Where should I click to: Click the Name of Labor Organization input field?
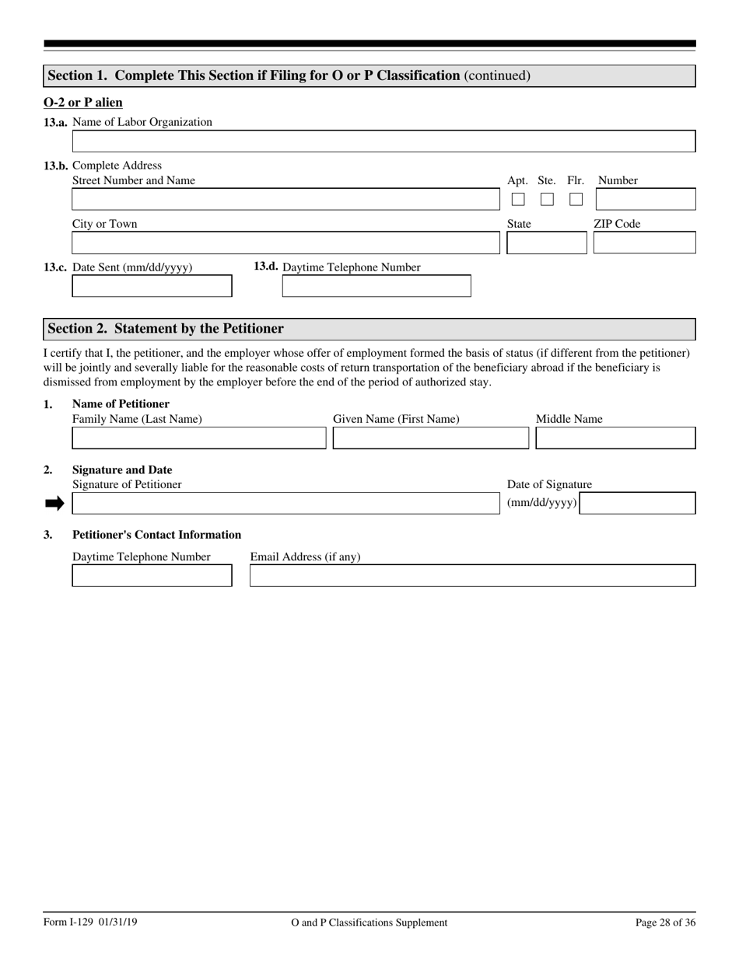coord(384,141)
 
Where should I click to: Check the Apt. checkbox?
coord(518,200)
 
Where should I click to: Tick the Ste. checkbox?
coord(547,200)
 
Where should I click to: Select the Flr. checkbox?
coord(576,200)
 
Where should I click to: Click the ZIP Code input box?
coord(644,243)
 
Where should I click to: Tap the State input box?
coord(546,243)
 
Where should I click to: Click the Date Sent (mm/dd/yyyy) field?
coord(152,286)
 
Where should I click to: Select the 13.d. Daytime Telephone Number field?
coord(376,286)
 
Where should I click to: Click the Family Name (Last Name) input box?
coord(199,438)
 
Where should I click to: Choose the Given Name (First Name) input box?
coord(430,438)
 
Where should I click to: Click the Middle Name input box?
coord(615,438)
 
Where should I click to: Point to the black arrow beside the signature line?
coord(54,504)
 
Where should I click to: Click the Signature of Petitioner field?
coord(285,504)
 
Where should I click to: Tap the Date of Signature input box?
coord(638,504)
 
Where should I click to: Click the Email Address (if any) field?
coord(472,576)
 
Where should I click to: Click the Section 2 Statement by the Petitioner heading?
coord(166,329)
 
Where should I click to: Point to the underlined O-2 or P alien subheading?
coord(83,103)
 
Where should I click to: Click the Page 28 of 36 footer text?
coord(665,923)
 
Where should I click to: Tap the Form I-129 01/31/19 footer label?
coord(91,923)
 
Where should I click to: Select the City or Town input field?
coord(285,243)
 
